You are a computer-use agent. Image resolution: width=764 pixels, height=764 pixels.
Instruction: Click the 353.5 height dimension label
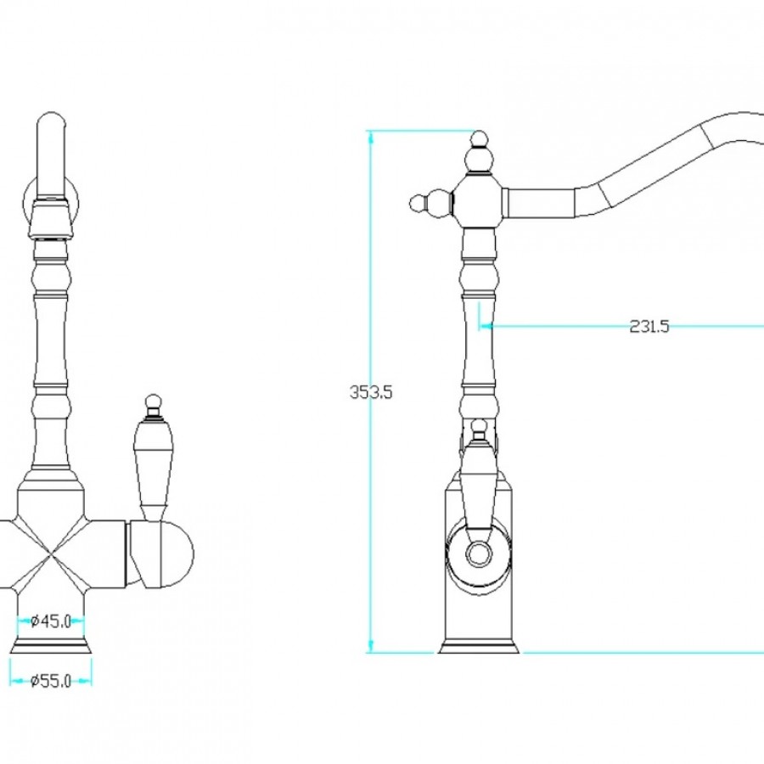pos(371,391)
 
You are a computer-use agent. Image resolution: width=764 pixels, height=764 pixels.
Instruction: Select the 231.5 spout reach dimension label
pos(649,326)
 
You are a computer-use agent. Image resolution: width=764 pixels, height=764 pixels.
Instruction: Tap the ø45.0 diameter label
pos(51,621)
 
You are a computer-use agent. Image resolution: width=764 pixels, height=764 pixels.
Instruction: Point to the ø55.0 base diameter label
pos(51,681)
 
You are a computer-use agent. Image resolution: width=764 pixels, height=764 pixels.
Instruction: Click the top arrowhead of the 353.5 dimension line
pos(371,136)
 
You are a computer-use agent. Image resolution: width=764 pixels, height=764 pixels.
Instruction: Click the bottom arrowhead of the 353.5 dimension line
pos(371,646)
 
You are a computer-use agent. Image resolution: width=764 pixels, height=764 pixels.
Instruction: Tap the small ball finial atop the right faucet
pos(480,138)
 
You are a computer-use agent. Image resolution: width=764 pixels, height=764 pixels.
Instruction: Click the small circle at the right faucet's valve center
pos(479,554)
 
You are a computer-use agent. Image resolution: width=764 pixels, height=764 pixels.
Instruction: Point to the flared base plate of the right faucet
pos(479,648)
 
